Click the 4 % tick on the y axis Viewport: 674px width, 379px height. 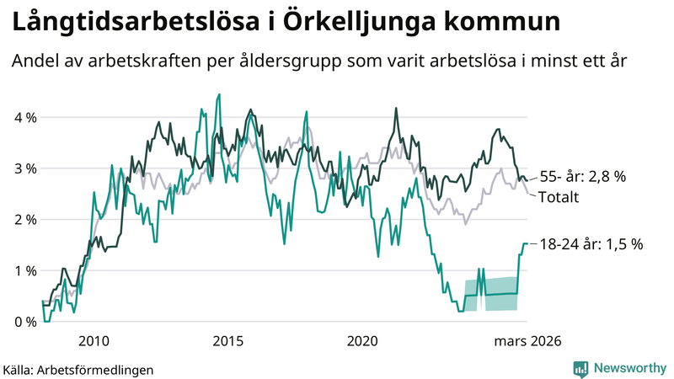(24, 117)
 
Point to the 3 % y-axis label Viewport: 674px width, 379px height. (24, 168)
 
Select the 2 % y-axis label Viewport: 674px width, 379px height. (24, 220)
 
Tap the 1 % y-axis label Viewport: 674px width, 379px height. (24, 271)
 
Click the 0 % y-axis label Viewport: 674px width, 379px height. (24, 322)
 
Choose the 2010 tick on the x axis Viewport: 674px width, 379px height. (94, 341)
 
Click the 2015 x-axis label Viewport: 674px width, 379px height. (228, 341)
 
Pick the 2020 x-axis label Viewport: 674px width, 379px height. (363, 341)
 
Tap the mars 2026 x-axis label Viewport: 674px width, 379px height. (527, 341)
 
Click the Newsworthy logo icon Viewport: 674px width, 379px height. (580, 368)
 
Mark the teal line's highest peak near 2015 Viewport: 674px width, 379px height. (219, 94)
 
